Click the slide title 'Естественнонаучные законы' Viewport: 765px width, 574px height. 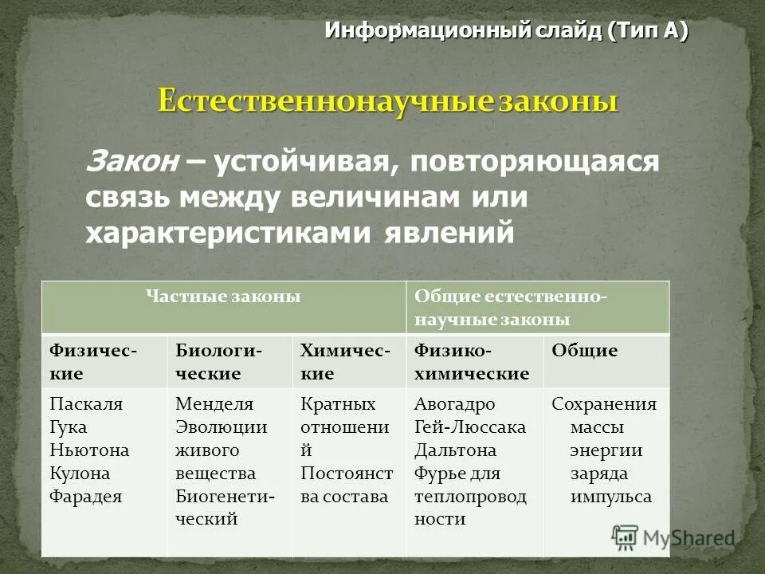[x=387, y=103]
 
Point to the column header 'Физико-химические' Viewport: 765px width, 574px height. [x=472, y=361]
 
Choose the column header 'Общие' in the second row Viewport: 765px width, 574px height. [x=585, y=351]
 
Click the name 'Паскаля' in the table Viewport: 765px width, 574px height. [x=86, y=403]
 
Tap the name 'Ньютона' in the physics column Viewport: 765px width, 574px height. [x=89, y=450]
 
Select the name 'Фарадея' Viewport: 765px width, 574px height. [x=86, y=496]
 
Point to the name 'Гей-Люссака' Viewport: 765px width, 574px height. [x=470, y=427]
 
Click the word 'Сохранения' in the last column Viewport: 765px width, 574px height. [x=604, y=403]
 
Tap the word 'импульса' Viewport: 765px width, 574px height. [x=610, y=496]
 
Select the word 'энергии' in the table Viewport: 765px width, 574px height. [x=606, y=450]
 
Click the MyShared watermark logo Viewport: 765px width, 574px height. [x=673, y=537]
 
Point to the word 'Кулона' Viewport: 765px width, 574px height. [x=80, y=473]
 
